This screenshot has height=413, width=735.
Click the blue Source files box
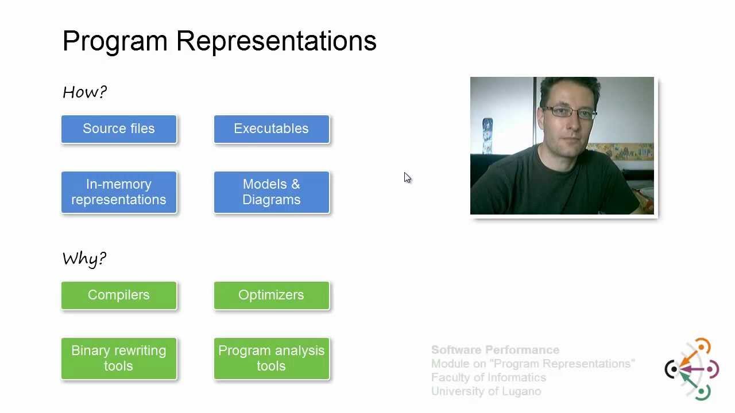pos(119,129)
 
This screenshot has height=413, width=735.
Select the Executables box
pos(271,129)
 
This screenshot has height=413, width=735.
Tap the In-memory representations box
pos(119,192)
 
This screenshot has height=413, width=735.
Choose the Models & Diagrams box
pos(271,192)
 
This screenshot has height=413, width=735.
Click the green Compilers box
pos(119,295)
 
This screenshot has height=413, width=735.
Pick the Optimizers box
pos(271,295)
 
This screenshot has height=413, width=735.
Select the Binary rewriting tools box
pos(119,359)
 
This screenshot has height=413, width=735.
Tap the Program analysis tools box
pos(271,359)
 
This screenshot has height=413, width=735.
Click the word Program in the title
pos(115,42)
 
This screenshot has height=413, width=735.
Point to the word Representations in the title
pos(276,42)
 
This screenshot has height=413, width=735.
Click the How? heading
pos(84,92)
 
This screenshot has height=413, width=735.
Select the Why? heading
pos(84,259)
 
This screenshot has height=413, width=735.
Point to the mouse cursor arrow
pos(407,177)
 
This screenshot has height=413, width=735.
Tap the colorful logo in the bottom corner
pos(692,369)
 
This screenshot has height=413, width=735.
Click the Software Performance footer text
pos(495,350)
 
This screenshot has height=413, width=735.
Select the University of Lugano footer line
pos(486,391)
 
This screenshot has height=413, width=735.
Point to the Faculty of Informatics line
pos(488,377)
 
